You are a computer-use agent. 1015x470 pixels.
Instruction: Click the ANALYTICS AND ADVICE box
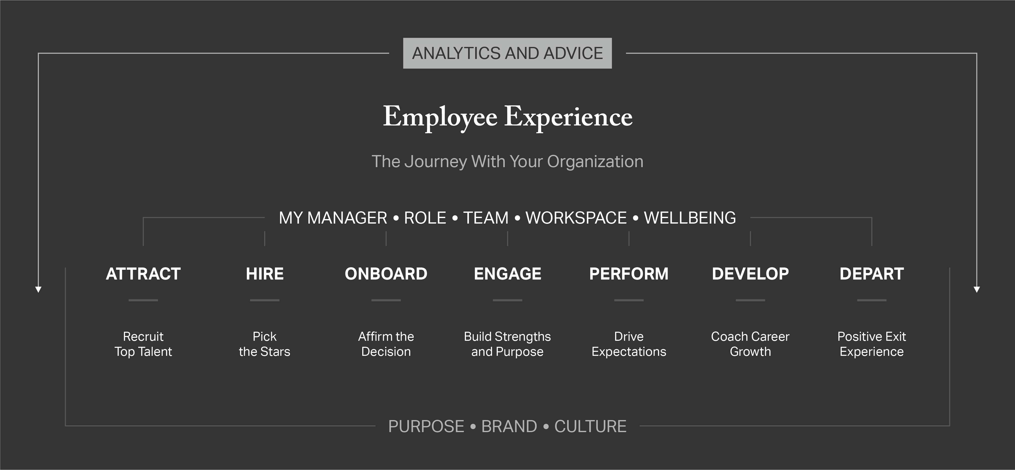click(507, 53)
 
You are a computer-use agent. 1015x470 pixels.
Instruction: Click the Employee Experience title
click(507, 117)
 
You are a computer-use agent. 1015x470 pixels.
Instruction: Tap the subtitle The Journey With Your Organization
click(507, 162)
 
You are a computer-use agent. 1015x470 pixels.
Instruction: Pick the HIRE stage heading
click(265, 274)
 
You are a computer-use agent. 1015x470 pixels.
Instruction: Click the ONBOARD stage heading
click(386, 274)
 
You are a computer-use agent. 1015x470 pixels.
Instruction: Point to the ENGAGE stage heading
click(507, 274)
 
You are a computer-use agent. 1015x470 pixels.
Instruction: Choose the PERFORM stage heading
click(629, 274)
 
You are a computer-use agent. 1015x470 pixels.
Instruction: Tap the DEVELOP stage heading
click(750, 274)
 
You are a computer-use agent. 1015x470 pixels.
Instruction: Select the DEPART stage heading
click(872, 274)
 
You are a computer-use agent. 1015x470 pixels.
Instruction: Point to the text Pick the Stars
click(264, 344)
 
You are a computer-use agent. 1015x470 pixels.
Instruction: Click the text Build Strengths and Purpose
click(507, 344)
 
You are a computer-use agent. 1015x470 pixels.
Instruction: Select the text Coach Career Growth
click(750, 344)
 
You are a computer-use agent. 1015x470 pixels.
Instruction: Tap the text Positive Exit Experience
click(872, 344)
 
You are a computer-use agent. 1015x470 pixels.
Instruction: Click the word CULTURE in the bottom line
click(590, 426)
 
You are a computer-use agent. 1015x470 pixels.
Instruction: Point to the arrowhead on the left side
click(38, 289)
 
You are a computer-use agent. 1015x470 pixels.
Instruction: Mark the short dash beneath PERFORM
click(629, 300)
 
